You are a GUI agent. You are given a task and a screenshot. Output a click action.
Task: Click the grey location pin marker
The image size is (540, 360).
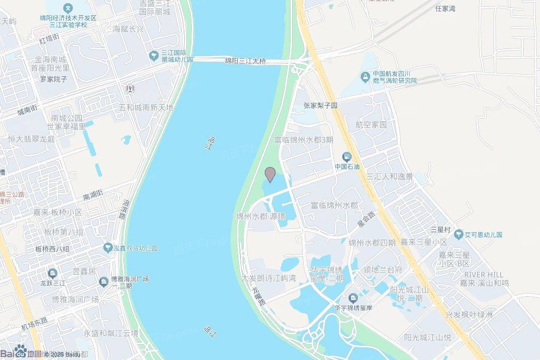pyautogui.click(x=270, y=174)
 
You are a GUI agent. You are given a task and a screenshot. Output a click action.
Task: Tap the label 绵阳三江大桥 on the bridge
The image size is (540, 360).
pyautogui.click(x=245, y=61)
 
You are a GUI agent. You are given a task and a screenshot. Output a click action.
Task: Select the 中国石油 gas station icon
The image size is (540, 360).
pyautogui.click(x=346, y=157)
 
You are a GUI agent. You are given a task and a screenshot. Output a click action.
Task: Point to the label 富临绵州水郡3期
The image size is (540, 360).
pyautogui.click(x=303, y=140)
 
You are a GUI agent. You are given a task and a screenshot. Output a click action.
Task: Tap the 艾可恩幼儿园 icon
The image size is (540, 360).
pyautogui.click(x=459, y=235)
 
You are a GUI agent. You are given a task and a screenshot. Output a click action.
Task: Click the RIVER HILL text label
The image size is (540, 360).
pyautogui.click(x=484, y=275)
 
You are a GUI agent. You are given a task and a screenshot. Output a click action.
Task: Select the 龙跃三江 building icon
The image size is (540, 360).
pyautogui.click(x=52, y=273)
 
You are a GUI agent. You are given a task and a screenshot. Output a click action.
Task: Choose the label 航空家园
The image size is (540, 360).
pyautogui.click(x=371, y=125)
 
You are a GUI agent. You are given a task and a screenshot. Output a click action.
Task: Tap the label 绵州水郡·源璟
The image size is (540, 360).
pyautogui.click(x=261, y=217)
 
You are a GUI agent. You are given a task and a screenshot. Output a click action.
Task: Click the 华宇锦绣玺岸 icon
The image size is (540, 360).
pyautogui.click(x=352, y=298)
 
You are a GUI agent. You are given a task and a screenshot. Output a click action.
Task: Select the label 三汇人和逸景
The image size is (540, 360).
pyautogui.click(x=390, y=177)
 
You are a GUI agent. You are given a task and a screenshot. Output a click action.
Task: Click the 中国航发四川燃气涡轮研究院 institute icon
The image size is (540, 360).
pyautogui.click(x=364, y=77)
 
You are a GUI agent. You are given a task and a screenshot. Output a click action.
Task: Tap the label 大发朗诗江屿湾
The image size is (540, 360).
pyautogui.click(x=268, y=278)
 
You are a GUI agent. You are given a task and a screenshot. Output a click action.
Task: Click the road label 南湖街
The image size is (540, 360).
pyautogui.click(x=95, y=196)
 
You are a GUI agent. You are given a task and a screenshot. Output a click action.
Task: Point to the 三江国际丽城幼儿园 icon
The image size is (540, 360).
pyautogui.click(x=153, y=55)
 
